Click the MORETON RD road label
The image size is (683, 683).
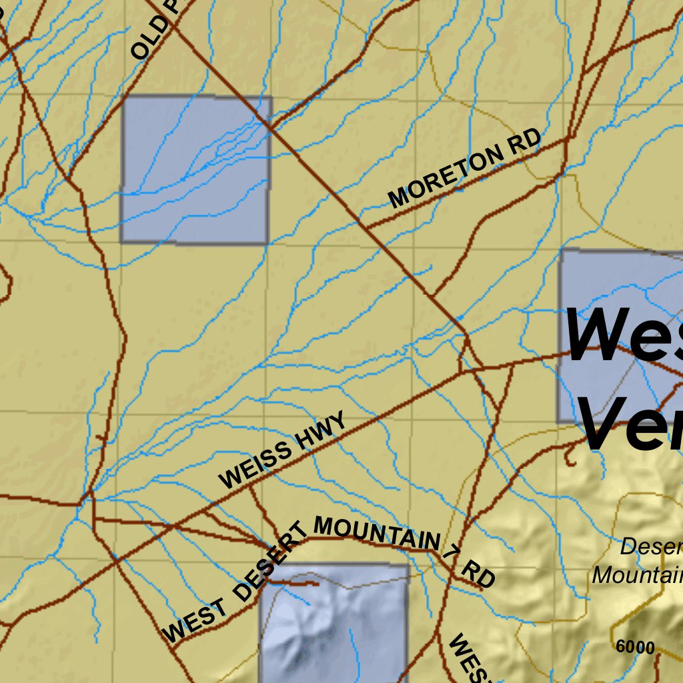click(x=465, y=169)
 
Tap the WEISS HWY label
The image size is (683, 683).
click(x=283, y=451)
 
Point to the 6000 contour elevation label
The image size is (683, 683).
click(x=635, y=647)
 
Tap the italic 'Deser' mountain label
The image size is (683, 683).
click(x=651, y=547)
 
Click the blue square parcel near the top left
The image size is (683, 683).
click(x=195, y=169)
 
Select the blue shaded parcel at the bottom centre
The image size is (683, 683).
click(x=333, y=624)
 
